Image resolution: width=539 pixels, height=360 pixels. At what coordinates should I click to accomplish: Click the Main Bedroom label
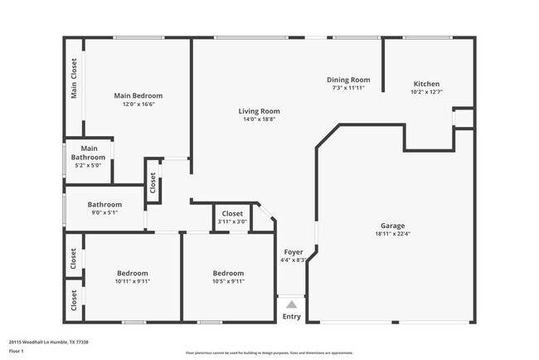pos(138,95)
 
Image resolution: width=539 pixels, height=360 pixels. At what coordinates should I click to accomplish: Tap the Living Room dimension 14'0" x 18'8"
pos(259,119)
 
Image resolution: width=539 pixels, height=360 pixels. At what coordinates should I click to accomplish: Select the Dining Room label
pos(348,80)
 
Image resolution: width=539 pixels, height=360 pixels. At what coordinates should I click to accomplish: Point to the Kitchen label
pos(426,84)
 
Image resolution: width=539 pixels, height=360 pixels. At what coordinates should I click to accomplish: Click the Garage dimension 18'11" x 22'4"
pos(392,233)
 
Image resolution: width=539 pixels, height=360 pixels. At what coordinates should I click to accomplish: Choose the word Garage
pos(392,225)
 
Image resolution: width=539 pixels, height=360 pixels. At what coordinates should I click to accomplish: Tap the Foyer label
pos(294,251)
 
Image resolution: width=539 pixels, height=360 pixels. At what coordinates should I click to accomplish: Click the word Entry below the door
pos(292,316)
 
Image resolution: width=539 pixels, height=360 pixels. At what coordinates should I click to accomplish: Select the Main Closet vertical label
pos(74,79)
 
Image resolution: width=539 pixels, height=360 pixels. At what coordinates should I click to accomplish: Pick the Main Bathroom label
pos(89,153)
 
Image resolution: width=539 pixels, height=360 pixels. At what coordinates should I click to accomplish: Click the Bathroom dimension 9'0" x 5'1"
pos(105,212)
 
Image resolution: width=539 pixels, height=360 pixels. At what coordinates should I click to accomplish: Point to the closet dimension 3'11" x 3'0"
pos(232,221)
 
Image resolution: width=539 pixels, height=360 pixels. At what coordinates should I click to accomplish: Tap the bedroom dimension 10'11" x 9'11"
pos(132,281)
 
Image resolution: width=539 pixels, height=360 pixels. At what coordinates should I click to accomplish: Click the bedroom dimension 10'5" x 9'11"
pos(228,281)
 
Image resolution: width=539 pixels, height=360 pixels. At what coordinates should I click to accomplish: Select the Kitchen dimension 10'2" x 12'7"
pos(426,92)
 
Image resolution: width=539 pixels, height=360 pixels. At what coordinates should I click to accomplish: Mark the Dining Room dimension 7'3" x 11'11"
pos(348,88)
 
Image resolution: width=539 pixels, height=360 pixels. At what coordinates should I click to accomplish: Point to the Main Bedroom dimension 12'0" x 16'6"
pos(138,104)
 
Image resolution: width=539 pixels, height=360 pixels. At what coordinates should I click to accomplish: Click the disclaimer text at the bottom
pos(269,352)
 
